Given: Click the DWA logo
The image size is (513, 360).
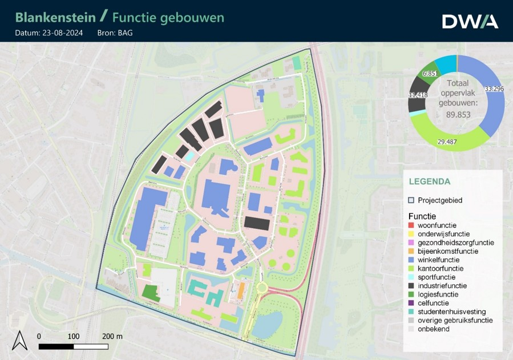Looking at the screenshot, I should point(470,21).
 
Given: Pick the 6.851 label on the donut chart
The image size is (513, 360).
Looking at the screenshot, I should point(430,74).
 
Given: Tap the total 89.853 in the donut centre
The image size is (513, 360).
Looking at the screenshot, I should point(458,114).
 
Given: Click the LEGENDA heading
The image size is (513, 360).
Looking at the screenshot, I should point(429,181).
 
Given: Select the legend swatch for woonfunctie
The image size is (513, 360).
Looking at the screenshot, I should point(411,225).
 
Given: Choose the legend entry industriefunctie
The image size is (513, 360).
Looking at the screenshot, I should point(442,285).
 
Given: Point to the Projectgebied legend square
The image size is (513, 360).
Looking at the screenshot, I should point(411,200).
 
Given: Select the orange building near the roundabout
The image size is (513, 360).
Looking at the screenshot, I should point(241,289).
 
